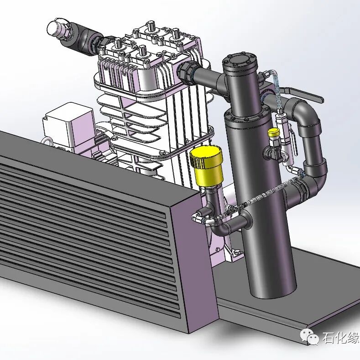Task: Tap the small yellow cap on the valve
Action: [274, 132]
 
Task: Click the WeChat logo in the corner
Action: [309, 336]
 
